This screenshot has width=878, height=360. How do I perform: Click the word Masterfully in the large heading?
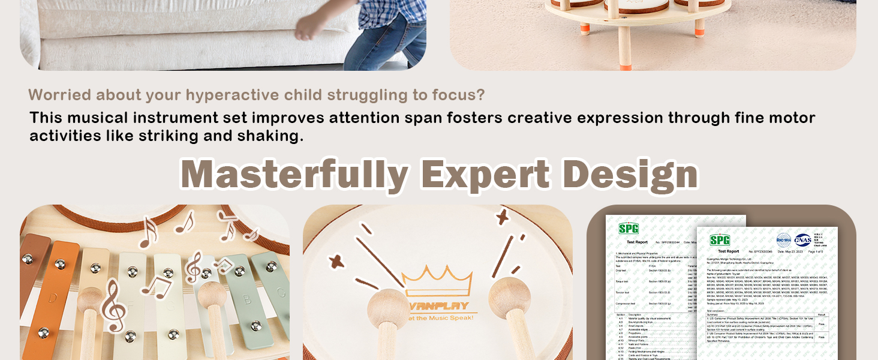click(x=294, y=174)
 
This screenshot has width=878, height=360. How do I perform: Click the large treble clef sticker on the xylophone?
click(x=113, y=313)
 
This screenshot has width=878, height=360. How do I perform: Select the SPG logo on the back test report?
click(x=629, y=229)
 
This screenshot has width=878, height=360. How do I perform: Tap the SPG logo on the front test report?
click(x=720, y=240)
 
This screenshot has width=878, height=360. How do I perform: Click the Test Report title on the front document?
click(x=728, y=251)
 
